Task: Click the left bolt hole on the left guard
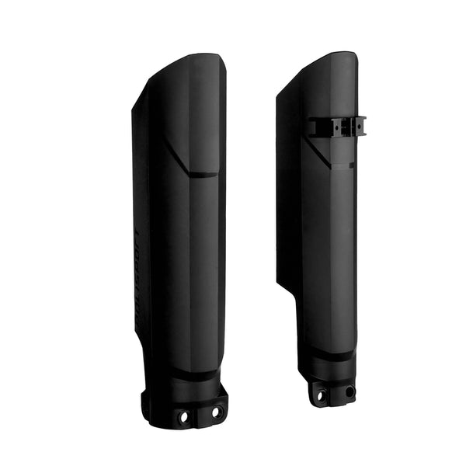coord(184,417)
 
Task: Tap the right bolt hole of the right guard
coord(349,391)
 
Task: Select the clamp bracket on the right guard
coord(336,127)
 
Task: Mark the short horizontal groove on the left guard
coord(204,175)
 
